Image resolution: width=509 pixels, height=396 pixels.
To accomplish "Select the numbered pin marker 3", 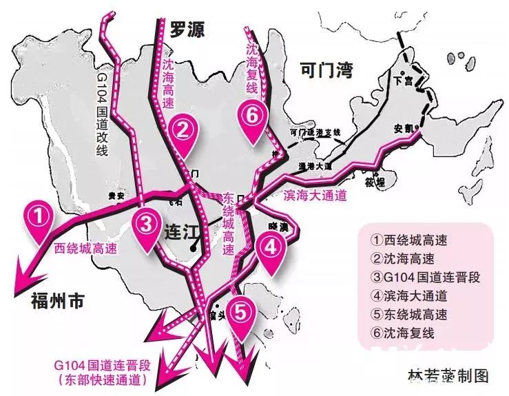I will point(146,222).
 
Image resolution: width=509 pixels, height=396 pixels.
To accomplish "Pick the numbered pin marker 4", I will point(271,246).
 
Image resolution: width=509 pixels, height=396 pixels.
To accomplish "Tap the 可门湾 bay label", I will point(326,68).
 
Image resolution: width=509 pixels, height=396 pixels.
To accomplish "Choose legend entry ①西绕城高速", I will point(408,240).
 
